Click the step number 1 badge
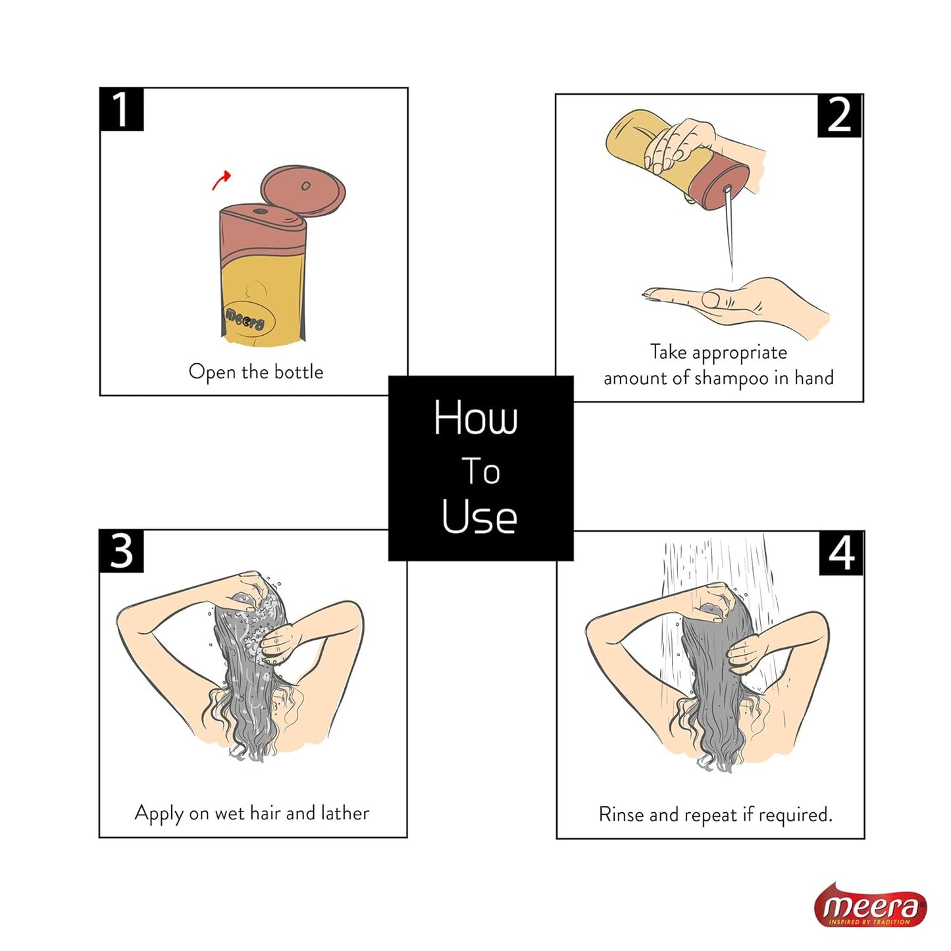pyautogui.click(x=121, y=109)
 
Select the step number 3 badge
pyautogui.click(x=121, y=551)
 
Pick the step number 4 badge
pyautogui.click(x=840, y=553)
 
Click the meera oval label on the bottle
pyautogui.click(x=245, y=319)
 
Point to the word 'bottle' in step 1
pyautogui.click(x=299, y=372)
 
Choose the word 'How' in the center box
pyautogui.click(x=475, y=417)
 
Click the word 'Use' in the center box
pyautogui.click(x=479, y=516)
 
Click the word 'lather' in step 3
pyautogui.click(x=345, y=813)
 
